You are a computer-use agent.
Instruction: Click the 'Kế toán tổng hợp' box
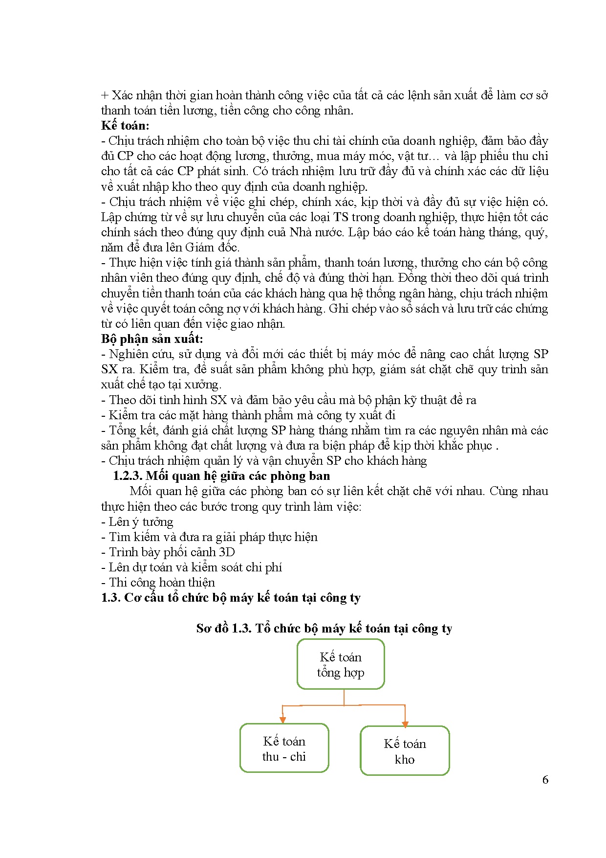click(341, 664)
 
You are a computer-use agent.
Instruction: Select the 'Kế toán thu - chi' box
click(284, 748)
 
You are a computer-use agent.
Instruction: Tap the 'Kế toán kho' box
click(405, 751)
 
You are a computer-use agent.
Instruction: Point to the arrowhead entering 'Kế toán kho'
click(405, 723)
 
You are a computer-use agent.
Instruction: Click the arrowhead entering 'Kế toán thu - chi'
click(282, 720)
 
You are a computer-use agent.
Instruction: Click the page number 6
click(545, 780)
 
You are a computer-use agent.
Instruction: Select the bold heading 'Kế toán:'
click(125, 126)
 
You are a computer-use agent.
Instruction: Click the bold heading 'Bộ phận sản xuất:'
click(152, 339)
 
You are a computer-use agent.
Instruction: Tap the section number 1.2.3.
click(128, 476)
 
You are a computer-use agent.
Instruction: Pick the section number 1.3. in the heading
click(110, 598)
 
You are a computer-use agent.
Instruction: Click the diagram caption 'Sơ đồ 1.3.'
click(223, 629)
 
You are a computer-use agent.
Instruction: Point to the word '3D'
click(227, 552)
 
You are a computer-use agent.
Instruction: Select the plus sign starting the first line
click(105, 95)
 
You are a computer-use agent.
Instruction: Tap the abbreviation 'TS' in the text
click(341, 217)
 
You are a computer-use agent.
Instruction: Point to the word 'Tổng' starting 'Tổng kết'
click(122, 430)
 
